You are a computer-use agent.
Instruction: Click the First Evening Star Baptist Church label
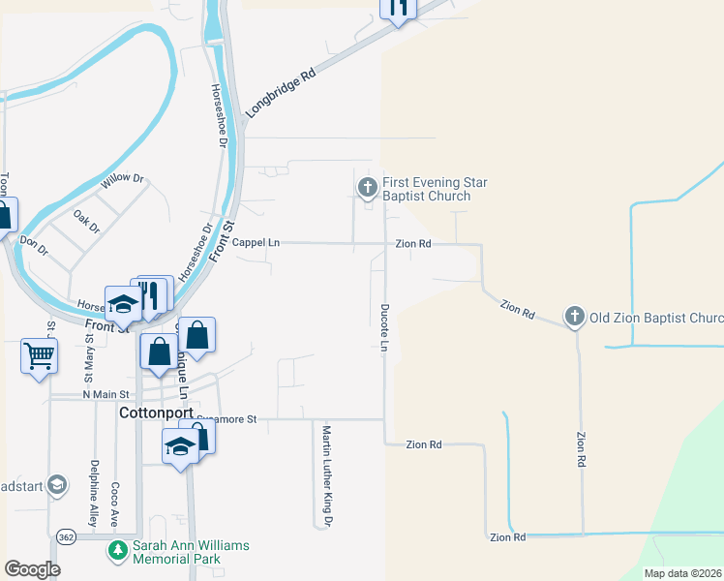435,189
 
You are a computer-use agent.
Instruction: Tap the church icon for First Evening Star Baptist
367,187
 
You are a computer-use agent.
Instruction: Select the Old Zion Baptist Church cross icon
575,317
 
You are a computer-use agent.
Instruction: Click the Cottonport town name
157,413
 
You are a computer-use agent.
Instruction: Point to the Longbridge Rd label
281,93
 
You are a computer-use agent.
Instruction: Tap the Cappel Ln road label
256,244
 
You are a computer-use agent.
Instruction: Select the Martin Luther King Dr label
327,475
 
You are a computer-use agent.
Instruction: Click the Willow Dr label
125,181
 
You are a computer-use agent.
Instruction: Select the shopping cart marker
39,355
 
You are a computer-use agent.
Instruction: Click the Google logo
32,569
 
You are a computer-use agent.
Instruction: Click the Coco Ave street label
114,503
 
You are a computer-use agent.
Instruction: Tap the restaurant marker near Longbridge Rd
397,9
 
